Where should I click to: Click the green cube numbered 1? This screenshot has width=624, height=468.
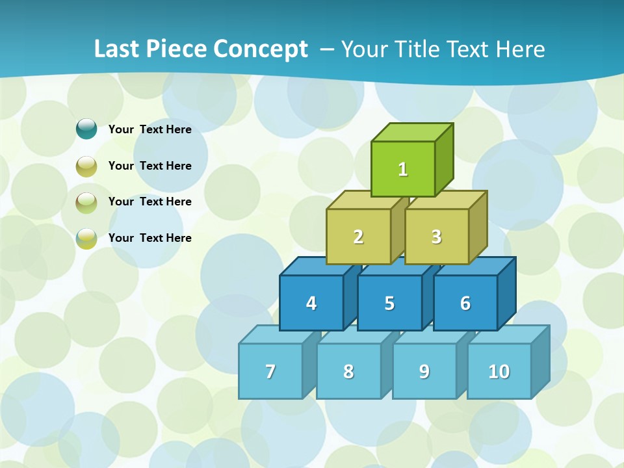click(403, 169)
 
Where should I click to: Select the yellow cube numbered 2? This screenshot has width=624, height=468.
click(358, 237)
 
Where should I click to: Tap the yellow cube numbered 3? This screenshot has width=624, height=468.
click(436, 237)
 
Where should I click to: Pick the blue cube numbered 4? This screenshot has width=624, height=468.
click(311, 303)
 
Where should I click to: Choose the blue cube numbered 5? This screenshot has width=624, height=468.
click(389, 303)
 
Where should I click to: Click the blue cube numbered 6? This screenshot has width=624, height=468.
click(465, 303)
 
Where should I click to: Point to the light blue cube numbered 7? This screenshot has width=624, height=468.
click(270, 371)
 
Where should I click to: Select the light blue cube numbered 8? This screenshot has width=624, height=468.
click(348, 371)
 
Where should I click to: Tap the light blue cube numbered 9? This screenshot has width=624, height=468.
click(424, 371)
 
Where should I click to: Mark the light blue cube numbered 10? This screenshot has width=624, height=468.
click(499, 371)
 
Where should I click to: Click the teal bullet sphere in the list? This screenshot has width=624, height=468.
click(86, 129)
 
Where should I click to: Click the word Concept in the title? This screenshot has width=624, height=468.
click(261, 49)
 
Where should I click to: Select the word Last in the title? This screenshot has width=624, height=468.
click(117, 49)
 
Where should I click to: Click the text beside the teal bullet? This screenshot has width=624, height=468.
click(150, 129)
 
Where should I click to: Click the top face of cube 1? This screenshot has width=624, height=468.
click(411, 132)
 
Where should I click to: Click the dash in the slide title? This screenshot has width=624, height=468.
click(328, 49)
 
